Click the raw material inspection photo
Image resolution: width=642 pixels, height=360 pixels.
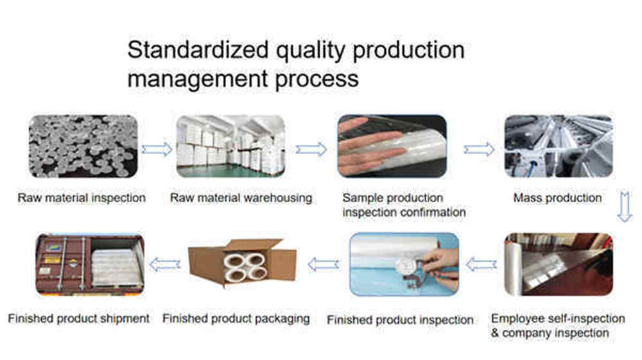83,146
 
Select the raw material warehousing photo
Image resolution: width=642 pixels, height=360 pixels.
231,146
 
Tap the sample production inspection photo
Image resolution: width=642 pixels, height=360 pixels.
392,146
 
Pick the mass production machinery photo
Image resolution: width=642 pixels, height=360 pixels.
558,146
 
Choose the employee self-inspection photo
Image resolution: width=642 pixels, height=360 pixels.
558,264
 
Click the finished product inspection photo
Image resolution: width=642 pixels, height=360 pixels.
404,264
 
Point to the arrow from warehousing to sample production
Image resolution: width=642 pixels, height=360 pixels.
311,150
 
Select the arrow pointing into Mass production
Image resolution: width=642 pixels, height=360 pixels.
479,150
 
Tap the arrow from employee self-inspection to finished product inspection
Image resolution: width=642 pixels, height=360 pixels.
481,264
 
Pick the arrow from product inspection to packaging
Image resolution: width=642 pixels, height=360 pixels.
324,264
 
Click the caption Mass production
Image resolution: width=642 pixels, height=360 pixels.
557,198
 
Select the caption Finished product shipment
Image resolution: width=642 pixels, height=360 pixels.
79,318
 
